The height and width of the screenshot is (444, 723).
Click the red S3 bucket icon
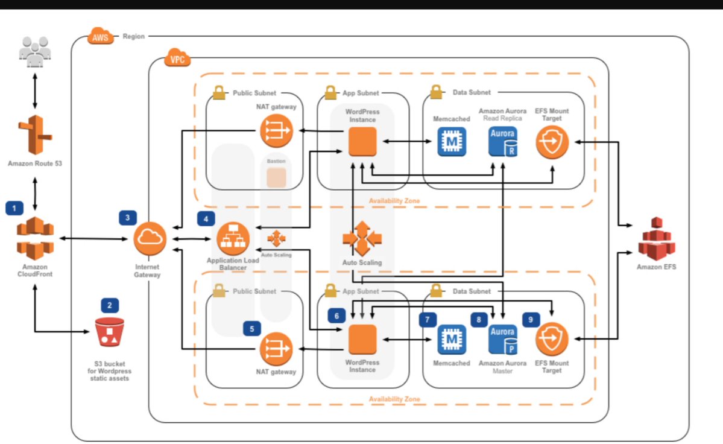coord(110,331)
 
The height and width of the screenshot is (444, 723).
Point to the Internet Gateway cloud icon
coord(150,239)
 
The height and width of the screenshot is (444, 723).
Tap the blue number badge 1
coord(14,208)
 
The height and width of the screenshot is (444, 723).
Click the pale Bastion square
coord(276,177)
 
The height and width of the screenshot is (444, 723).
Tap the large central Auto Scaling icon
coord(362,239)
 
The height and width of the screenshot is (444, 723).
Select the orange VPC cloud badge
coord(177,59)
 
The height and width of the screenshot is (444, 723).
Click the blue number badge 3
coord(128,217)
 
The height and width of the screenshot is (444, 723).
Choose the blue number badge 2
coord(110,305)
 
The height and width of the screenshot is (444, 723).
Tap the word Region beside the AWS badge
coord(133,36)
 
